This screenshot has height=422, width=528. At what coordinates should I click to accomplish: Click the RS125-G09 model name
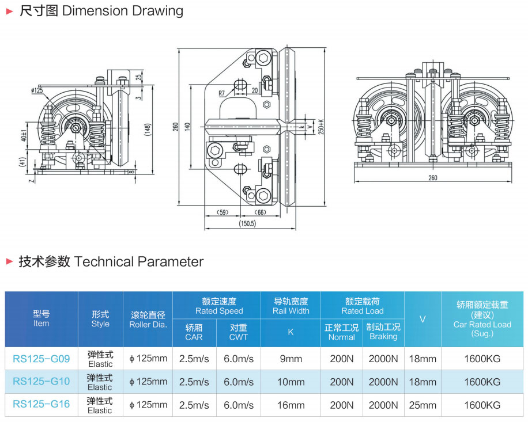coord(41,359)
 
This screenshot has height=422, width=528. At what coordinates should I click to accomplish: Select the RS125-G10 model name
coord(41,382)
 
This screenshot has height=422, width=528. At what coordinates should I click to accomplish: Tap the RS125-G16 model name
coord(41,405)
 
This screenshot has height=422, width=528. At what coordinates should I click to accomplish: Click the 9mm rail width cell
coord(291,359)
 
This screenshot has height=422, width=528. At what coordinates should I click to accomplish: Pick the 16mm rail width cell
coord(291,405)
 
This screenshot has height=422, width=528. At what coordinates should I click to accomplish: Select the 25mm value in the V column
coord(423,405)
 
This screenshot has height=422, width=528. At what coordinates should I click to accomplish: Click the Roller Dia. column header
coord(148,320)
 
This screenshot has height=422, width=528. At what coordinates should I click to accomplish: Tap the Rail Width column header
coord(291,306)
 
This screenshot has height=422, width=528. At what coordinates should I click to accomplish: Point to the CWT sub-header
coord(238,332)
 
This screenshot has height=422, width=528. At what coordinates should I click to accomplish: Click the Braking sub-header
coord(383,332)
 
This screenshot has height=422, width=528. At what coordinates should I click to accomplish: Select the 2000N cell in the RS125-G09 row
coord(383,359)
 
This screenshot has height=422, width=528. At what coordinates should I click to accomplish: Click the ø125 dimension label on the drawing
coord(37,90)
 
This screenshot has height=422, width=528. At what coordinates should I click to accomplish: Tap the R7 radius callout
coord(222,93)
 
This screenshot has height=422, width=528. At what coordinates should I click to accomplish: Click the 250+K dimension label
coord(321,126)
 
